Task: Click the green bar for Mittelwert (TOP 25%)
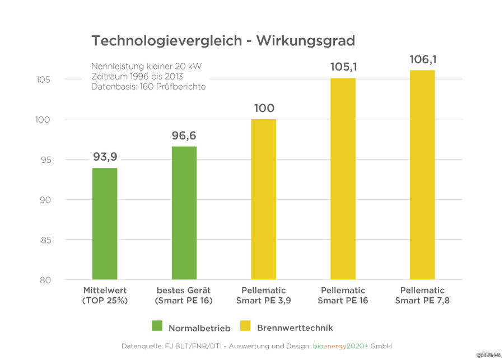[x=105, y=223]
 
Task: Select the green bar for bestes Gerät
[x=184, y=213]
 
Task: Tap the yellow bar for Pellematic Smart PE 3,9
[x=264, y=199]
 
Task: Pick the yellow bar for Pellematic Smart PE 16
[x=343, y=179]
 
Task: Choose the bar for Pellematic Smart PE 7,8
[x=422, y=175]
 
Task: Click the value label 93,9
[x=105, y=157]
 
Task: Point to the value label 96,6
[x=184, y=135]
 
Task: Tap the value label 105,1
[x=343, y=67]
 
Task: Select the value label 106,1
[x=422, y=59]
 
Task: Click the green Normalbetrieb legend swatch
[x=157, y=326]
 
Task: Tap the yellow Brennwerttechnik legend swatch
[x=245, y=326]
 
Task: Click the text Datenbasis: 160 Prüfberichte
[x=148, y=86]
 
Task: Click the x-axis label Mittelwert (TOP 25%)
[x=105, y=295]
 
